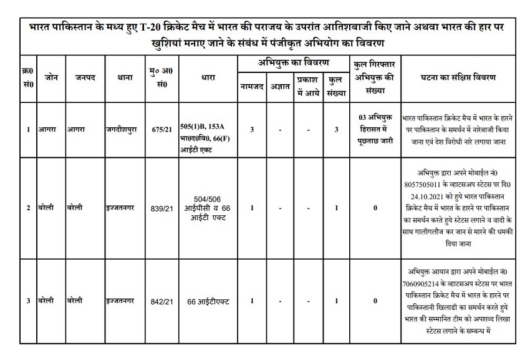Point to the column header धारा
point(209,78)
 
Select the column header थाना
point(122,78)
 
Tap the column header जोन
point(51,78)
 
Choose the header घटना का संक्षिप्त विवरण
point(458,78)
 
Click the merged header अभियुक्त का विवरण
point(294,63)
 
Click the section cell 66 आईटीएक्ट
point(208,301)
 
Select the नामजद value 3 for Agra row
point(251,129)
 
